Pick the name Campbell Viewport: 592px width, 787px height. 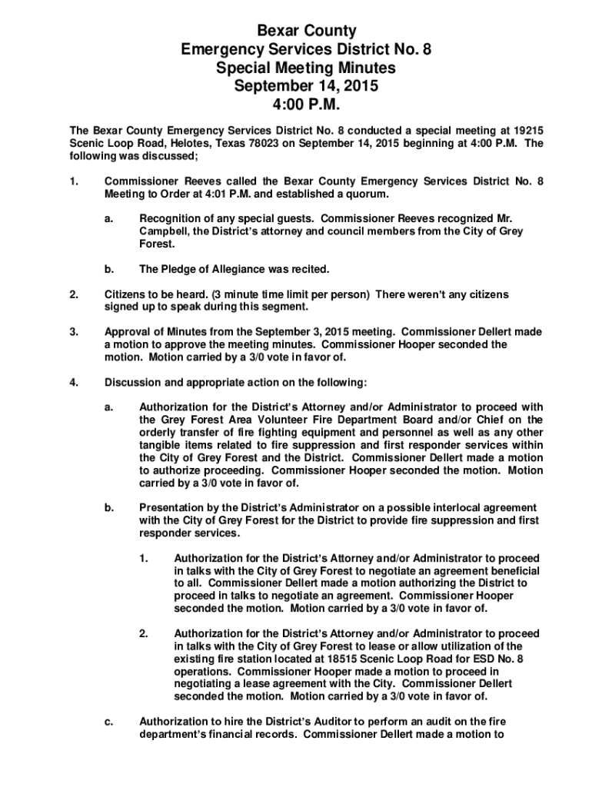[x=162, y=231]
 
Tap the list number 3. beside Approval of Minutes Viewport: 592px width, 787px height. [x=74, y=332]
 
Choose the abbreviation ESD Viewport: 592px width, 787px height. [x=489, y=659]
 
